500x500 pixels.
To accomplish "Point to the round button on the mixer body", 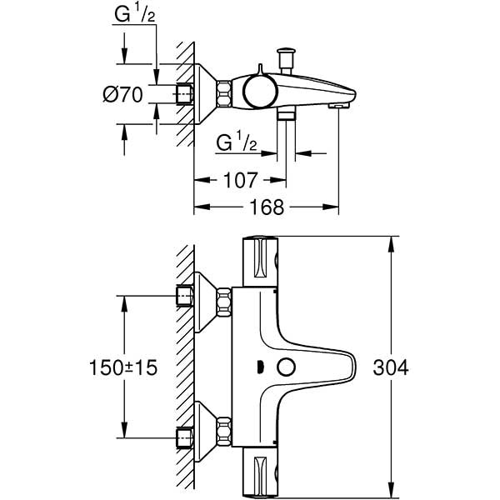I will click(x=287, y=366).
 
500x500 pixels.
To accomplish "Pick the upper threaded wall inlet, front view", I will click(x=183, y=297).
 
